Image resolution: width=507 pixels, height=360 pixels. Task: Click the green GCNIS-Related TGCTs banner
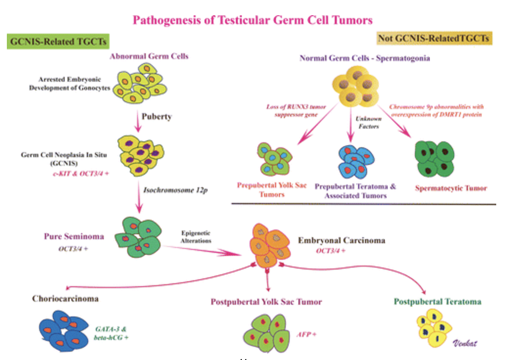click(x=58, y=42)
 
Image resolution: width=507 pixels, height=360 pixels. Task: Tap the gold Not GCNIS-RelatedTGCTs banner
click(x=434, y=38)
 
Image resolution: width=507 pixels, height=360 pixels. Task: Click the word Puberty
click(x=157, y=117)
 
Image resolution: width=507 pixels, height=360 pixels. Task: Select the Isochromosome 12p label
click(x=176, y=190)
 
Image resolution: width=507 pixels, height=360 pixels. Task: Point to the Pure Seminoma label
click(x=74, y=236)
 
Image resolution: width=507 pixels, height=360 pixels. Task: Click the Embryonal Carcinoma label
click(x=342, y=241)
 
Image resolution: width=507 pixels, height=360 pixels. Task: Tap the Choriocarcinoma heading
click(x=65, y=298)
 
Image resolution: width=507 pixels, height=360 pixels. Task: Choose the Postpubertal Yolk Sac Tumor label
click(x=266, y=302)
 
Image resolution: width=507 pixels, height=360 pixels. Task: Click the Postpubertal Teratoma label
click(x=438, y=301)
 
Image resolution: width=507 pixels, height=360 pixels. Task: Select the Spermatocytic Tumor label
click(x=451, y=188)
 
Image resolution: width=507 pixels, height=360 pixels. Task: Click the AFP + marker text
click(x=306, y=334)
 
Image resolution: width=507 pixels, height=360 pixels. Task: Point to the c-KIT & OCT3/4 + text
click(x=81, y=174)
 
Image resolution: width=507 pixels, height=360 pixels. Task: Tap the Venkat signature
click(x=465, y=343)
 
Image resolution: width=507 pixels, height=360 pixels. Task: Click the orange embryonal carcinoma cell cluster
click(x=269, y=245)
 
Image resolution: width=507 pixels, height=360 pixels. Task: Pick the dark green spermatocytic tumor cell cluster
click(x=434, y=158)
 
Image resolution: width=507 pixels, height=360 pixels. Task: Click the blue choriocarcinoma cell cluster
click(x=64, y=331)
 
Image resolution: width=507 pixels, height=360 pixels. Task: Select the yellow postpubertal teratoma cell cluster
click(x=434, y=327)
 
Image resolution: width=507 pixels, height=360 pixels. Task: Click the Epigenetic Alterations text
click(x=196, y=237)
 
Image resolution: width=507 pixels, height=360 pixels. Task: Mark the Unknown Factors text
click(x=369, y=122)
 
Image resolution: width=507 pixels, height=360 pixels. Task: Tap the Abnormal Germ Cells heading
click(x=149, y=56)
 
